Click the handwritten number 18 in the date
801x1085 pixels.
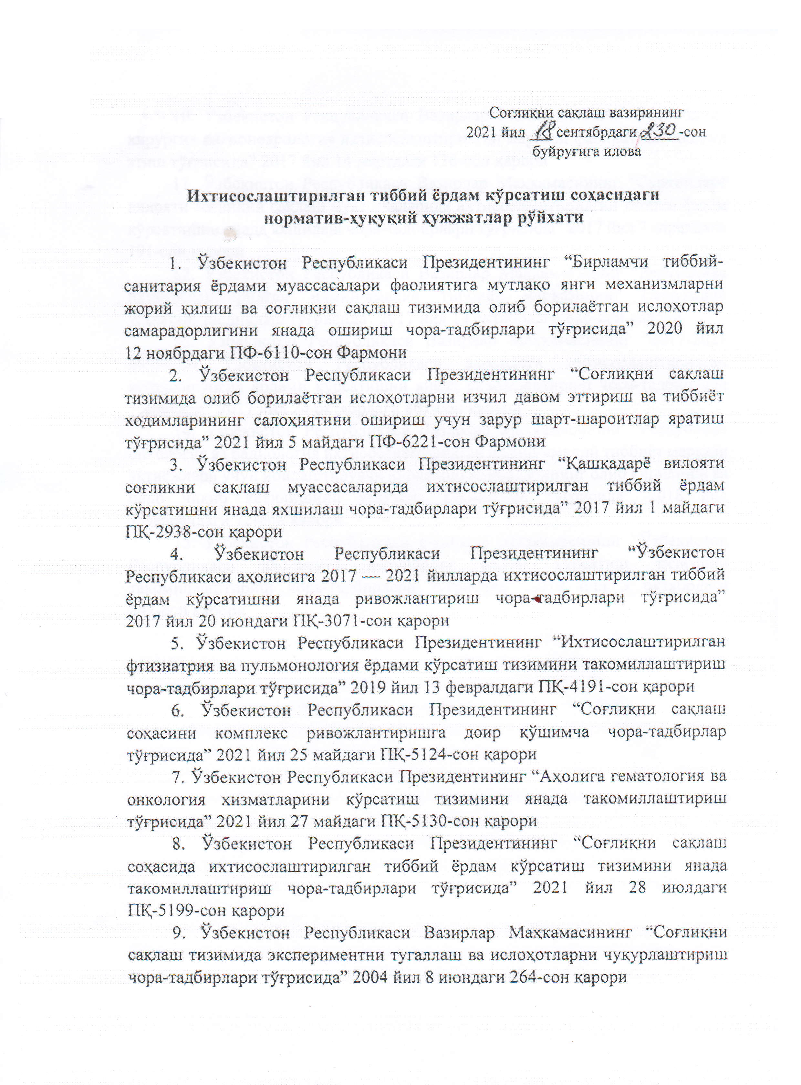pos(544,131)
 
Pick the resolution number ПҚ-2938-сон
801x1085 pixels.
pos(177,531)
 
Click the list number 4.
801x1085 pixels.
pos(176,554)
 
